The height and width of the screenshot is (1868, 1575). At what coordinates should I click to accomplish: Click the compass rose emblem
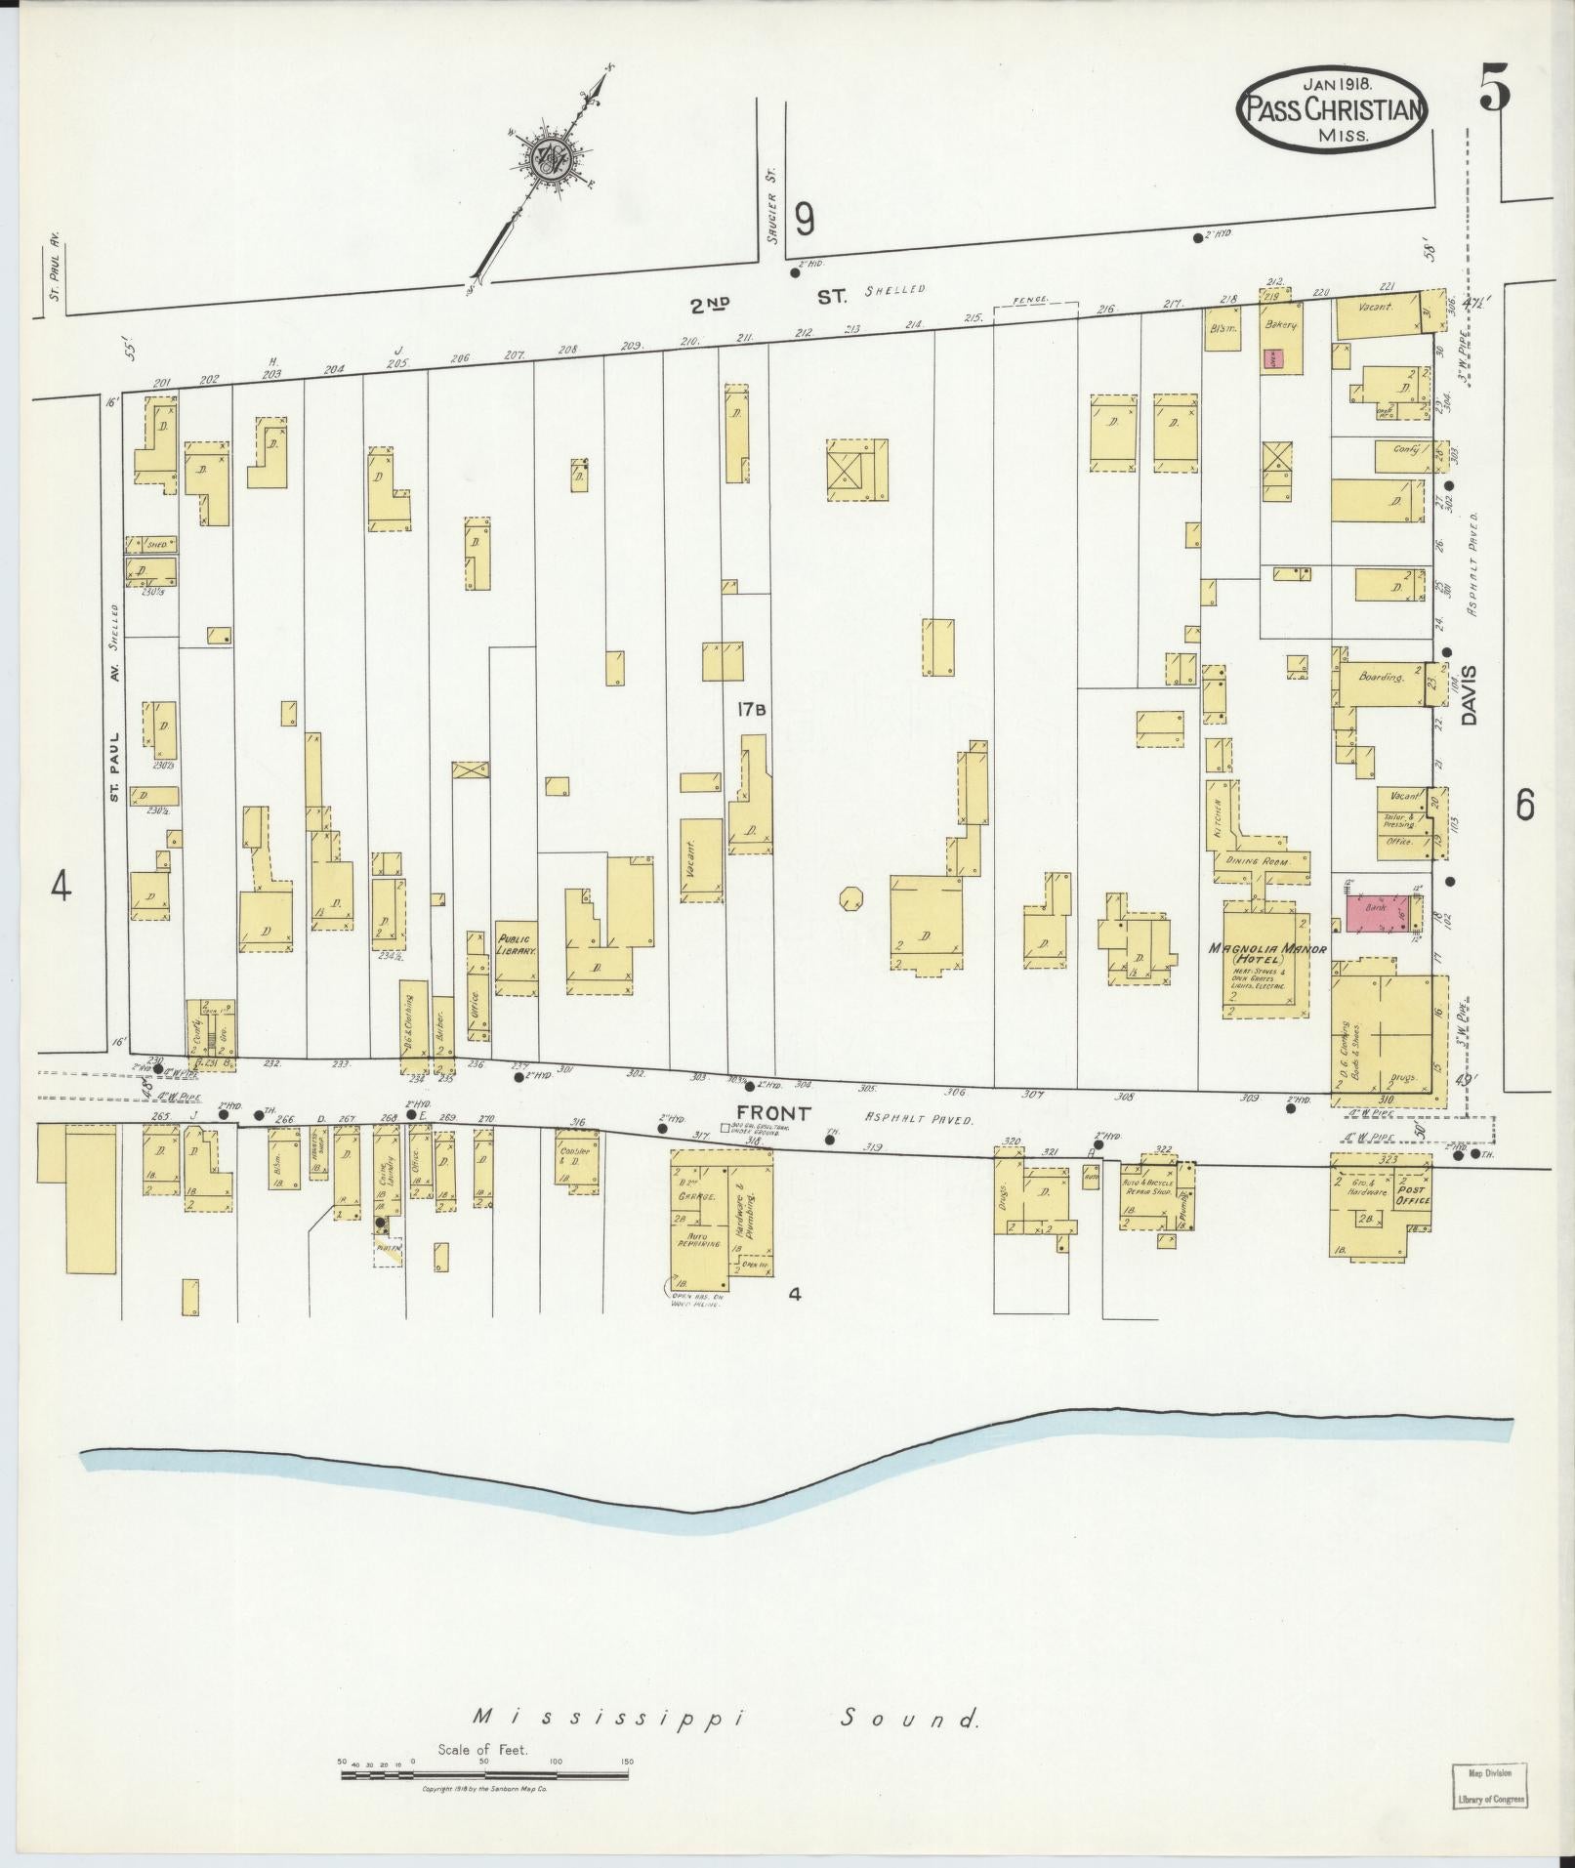(550, 156)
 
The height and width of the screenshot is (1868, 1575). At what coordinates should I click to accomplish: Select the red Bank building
(1379, 910)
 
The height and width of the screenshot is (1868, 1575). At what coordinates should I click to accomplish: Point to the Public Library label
(514, 943)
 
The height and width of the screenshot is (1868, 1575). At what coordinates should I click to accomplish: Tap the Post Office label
(1413, 1195)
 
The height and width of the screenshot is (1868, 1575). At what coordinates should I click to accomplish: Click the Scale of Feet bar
(485, 1775)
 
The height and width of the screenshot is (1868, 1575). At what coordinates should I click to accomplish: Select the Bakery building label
(1279, 324)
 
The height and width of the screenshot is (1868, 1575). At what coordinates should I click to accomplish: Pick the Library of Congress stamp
(1487, 1787)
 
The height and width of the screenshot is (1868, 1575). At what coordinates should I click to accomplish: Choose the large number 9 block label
(804, 219)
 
